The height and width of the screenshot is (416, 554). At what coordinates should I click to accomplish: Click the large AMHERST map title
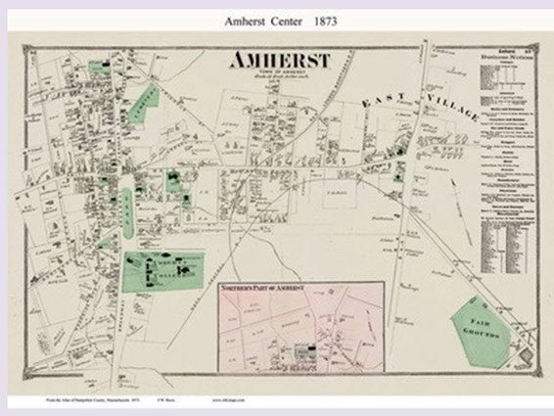pos(280,62)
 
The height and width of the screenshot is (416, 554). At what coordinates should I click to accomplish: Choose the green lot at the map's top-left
pos(98,69)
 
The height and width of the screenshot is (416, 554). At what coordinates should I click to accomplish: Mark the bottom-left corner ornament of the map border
pos(27,384)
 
